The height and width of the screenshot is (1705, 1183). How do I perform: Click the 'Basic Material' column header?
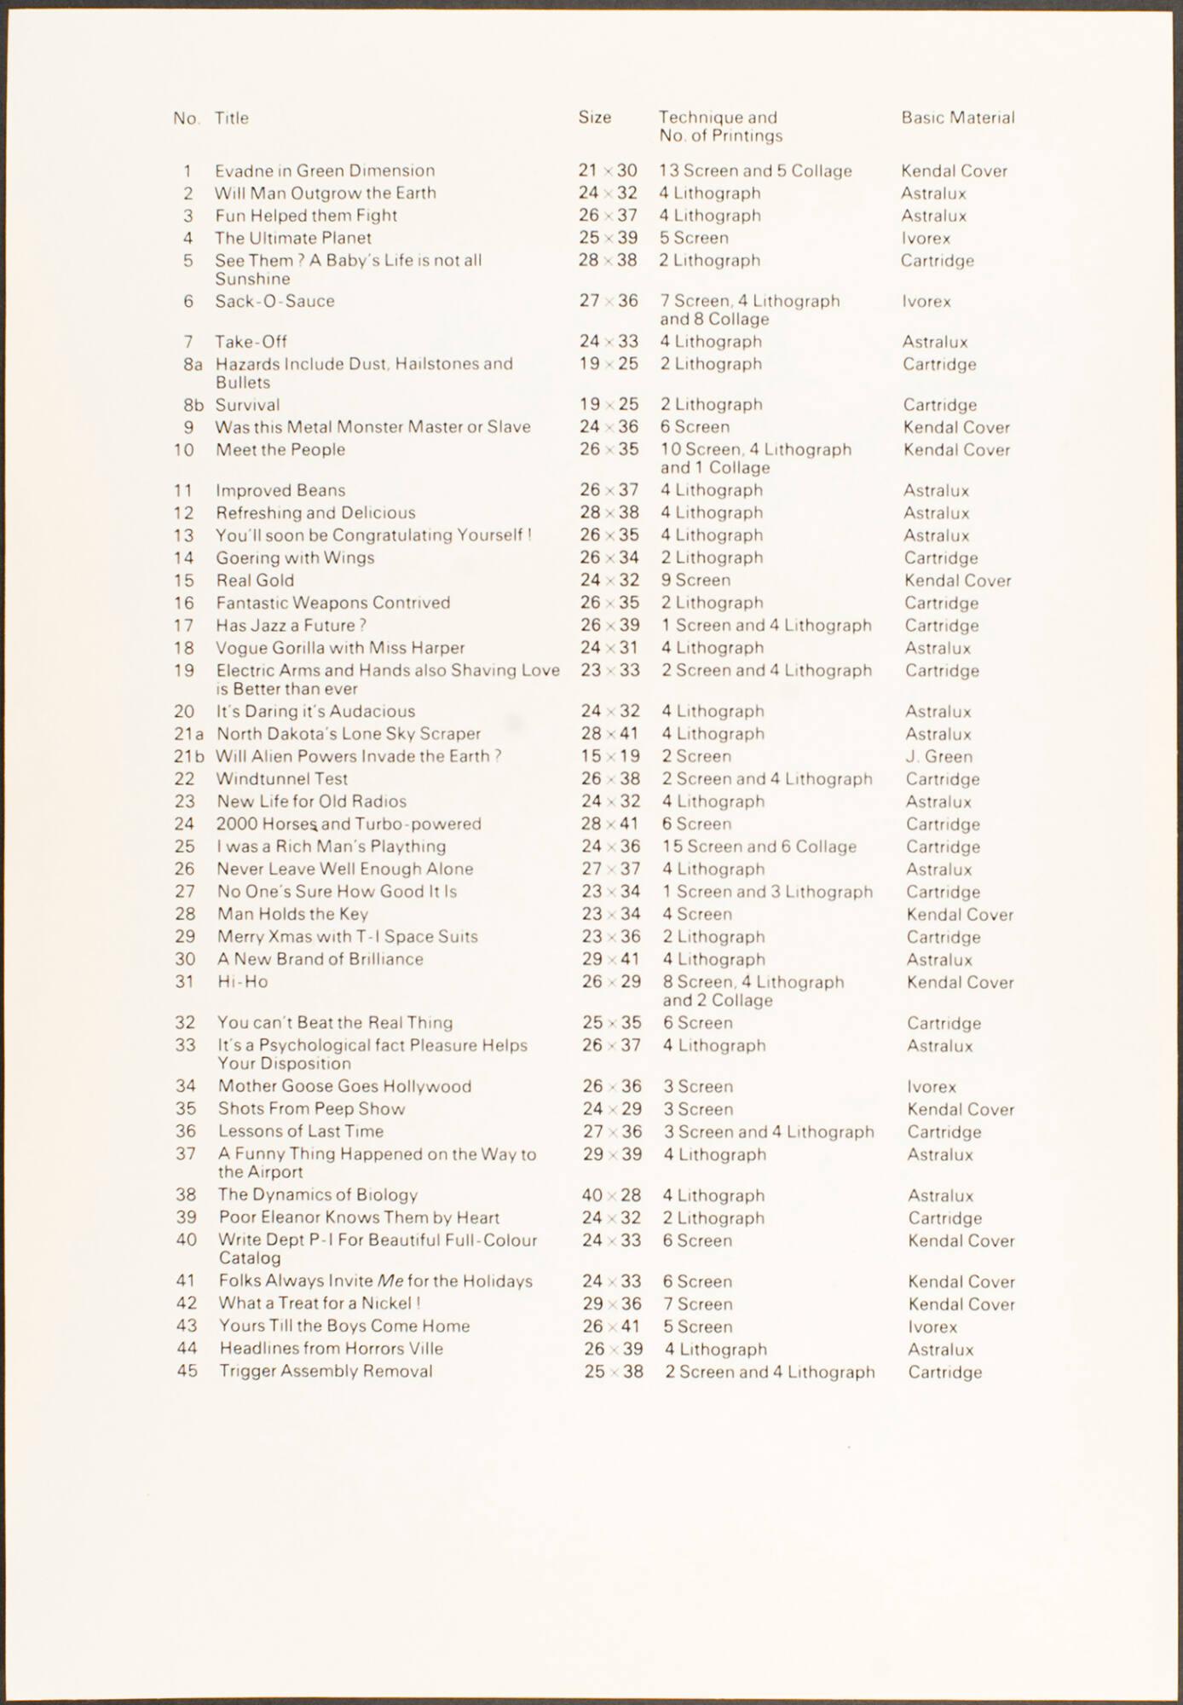(x=958, y=118)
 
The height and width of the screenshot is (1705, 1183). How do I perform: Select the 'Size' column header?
(x=595, y=118)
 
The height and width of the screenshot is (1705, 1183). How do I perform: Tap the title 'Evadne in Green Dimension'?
(x=325, y=170)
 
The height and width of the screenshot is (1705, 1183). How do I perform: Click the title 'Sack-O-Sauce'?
(x=274, y=301)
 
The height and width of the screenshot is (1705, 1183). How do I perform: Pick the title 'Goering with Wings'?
(x=295, y=558)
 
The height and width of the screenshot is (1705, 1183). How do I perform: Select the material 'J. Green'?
(x=938, y=756)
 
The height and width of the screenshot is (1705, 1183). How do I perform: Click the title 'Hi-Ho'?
(x=243, y=981)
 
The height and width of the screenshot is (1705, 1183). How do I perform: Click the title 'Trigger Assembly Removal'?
(x=326, y=1371)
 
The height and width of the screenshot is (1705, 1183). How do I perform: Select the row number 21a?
(x=189, y=734)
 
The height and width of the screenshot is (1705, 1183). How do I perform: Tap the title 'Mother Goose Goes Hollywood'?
(x=344, y=1086)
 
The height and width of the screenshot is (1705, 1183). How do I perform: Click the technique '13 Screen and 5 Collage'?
(x=755, y=170)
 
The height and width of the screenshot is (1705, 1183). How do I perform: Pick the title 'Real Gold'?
(x=255, y=581)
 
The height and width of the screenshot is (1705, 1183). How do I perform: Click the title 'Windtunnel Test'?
(x=282, y=779)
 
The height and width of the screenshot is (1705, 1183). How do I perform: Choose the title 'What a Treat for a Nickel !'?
(x=320, y=1303)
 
